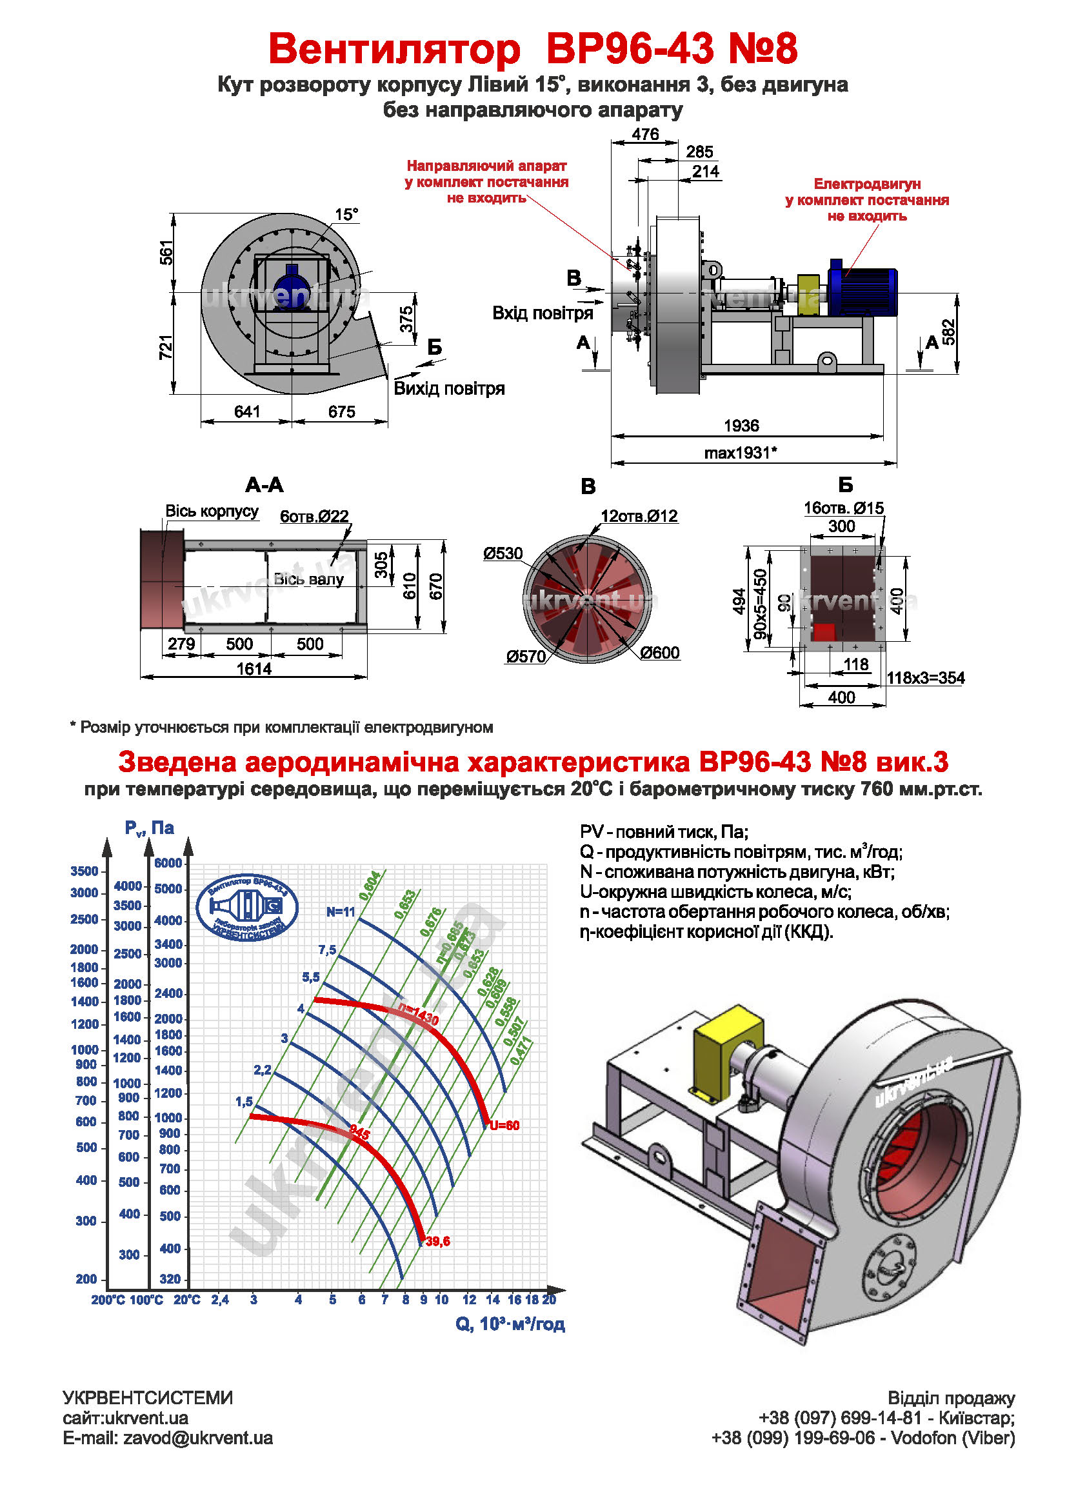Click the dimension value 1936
coord(741,426)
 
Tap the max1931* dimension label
coord(741,453)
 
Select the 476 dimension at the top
coord(644,134)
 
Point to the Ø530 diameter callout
coord(503,553)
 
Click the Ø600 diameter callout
coord(660,652)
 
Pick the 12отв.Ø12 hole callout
coord(639,515)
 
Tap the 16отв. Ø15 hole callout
coord(844,508)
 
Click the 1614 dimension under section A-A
coord(254,669)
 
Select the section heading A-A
coord(264,485)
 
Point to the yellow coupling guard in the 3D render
coord(727,1050)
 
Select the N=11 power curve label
coord(341,912)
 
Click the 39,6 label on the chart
coord(437,1241)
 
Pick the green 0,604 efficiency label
coord(370,885)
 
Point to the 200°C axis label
coord(107,1298)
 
